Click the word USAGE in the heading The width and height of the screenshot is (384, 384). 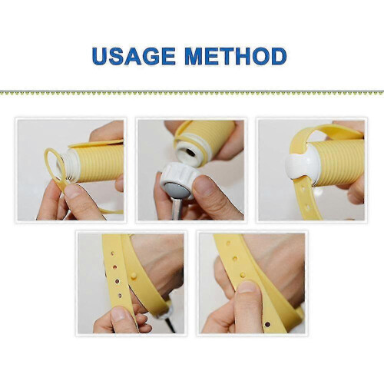134,56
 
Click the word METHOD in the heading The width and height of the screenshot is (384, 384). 236,56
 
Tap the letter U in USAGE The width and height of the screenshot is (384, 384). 100,56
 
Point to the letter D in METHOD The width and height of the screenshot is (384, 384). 279,56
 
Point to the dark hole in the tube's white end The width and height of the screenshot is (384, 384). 190,153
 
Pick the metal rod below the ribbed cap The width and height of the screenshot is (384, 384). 177,209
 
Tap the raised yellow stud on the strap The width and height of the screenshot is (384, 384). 134,276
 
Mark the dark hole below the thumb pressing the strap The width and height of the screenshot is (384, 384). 268,324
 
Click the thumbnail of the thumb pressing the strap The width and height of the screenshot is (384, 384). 247,287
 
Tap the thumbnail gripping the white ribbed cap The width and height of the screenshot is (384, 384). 203,185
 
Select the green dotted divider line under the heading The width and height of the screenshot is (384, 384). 192,93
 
